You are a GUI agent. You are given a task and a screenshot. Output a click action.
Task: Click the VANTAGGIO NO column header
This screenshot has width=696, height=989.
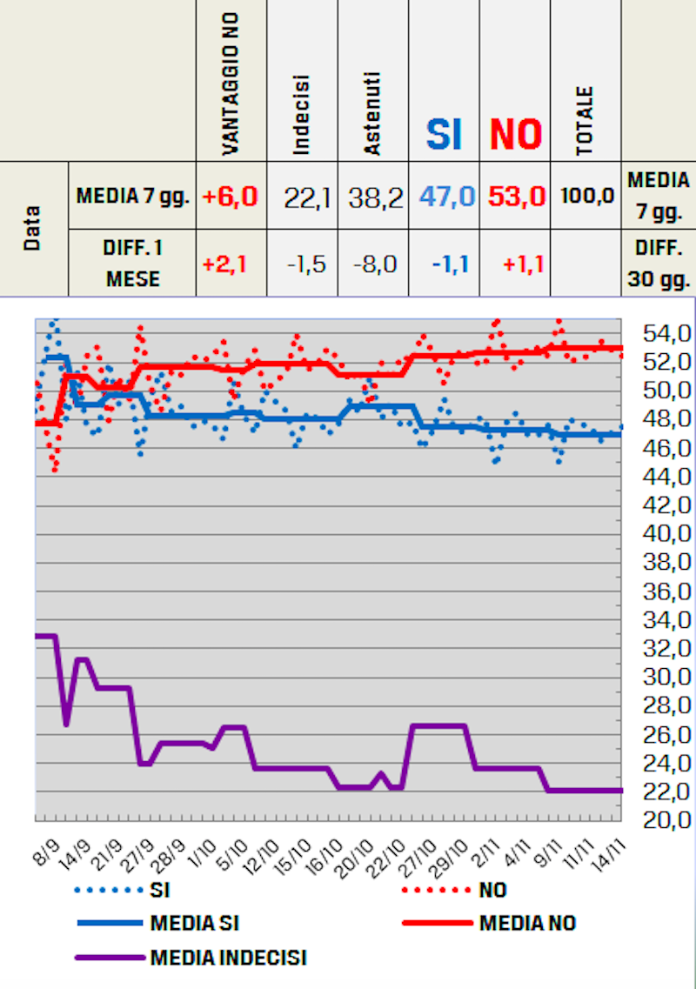tap(231, 84)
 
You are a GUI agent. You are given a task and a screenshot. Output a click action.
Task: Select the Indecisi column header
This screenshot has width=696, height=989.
tap(302, 114)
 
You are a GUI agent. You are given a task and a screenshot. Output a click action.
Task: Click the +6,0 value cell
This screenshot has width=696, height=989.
tap(231, 197)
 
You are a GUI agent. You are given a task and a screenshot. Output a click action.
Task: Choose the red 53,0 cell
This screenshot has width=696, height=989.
tap(517, 197)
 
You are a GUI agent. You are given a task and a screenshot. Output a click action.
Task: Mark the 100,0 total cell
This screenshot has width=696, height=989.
tap(586, 197)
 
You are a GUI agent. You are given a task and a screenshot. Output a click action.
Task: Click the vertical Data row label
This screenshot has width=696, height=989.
tap(33, 229)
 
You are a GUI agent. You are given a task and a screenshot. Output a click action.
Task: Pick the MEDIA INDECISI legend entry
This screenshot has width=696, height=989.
tap(228, 958)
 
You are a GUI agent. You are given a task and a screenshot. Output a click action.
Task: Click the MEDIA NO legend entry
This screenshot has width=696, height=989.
tap(527, 923)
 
